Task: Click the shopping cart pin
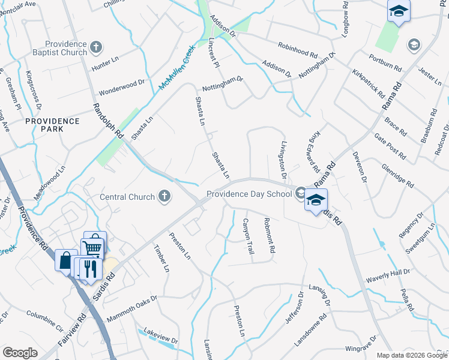pos(93,245)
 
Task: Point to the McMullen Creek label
pos(178,69)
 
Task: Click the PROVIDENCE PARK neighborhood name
pos(52,125)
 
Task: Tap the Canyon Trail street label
pos(248,235)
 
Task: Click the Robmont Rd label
pos(268,235)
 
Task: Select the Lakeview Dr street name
pos(160,336)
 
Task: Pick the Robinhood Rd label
pos(297,49)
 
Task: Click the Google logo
pos(20,353)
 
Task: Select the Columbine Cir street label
pos(44,321)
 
